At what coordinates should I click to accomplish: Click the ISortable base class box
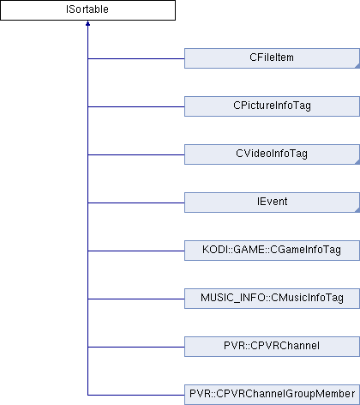[87, 10]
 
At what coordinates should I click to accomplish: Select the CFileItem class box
[272, 58]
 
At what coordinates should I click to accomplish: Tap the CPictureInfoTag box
[272, 106]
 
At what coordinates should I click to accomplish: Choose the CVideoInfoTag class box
[272, 154]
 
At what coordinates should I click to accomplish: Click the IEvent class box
[272, 202]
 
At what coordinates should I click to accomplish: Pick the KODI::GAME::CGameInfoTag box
[272, 251]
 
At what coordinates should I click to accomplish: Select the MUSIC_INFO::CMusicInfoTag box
[272, 299]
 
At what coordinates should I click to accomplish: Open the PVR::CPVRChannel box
[272, 347]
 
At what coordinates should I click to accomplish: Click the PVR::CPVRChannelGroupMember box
[272, 395]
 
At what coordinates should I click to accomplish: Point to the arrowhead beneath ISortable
[87, 23]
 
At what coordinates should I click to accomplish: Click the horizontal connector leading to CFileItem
[136, 58]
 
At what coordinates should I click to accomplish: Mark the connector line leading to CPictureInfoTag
[136, 106]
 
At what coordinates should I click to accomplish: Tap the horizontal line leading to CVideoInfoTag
[136, 154]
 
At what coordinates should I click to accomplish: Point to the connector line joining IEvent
[136, 202]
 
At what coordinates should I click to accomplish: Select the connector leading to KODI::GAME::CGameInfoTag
[136, 251]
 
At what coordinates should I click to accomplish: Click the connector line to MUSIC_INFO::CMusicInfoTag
[136, 299]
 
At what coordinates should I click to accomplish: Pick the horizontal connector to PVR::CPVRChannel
[136, 347]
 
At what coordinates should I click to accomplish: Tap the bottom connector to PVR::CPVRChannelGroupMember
[136, 395]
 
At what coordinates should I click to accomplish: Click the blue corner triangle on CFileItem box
[357, 66]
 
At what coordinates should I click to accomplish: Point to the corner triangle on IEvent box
[357, 210]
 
